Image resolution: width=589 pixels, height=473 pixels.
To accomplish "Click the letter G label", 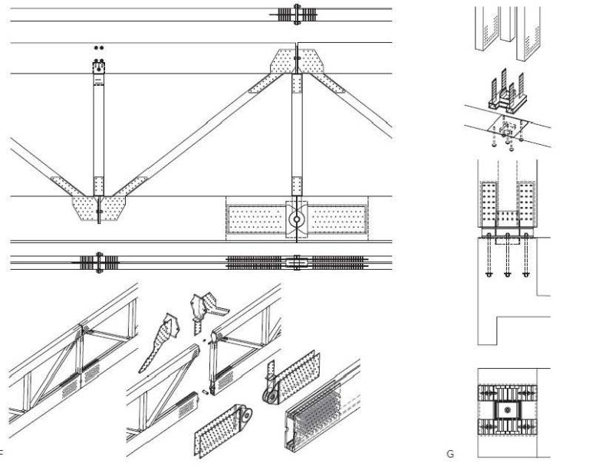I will coord(450,454).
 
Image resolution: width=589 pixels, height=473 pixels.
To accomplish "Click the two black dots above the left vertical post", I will coord(98,48).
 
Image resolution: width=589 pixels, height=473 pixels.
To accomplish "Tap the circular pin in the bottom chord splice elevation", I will coord(295,218).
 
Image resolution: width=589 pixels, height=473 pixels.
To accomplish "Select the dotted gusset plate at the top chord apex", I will coord(295,61).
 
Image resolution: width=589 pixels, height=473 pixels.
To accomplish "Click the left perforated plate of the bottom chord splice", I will coord(255,218).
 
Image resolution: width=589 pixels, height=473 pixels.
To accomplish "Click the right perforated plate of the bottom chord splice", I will coord(335,218).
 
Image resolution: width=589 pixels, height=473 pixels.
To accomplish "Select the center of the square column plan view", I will coord(508,412).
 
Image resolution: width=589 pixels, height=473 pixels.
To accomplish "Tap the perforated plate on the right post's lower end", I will coord(295,185).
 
